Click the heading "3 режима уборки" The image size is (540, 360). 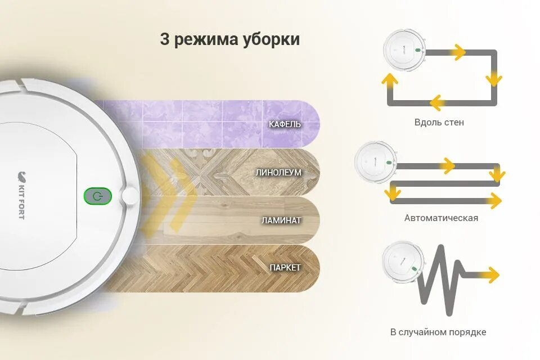click(229, 40)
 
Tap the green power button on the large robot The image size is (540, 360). click(98, 196)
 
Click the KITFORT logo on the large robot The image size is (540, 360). click(21, 195)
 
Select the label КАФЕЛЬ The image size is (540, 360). click(285, 124)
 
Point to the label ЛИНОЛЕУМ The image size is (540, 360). click(279, 173)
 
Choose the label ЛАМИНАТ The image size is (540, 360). click(281, 220)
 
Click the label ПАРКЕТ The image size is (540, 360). click(285, 267)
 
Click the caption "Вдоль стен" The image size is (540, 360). click(439, 122)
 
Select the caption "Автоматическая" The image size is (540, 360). click(441, 218)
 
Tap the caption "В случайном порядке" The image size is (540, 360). click(438, 332)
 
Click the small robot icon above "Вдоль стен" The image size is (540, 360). click(403, 50)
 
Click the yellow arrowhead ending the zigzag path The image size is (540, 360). click(491, 275)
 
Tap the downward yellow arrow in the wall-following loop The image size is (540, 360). click(494, 78)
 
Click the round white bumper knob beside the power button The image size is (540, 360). click(130, 196)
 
